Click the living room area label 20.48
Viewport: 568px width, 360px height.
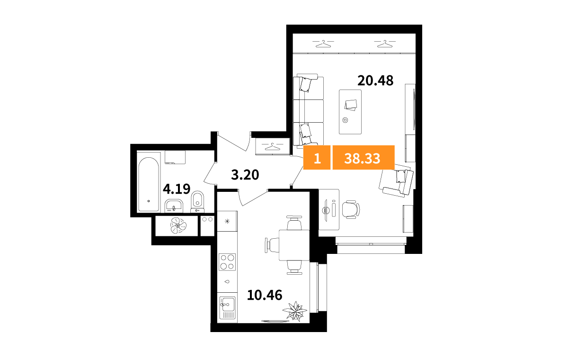tap(375, 81)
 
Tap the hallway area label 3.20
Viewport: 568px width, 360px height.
tap(245, 175)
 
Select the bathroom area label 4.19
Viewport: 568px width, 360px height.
tap(177, 189)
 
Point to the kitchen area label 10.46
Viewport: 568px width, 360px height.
tap(265, 295)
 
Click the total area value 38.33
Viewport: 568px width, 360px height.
tap(362, 159)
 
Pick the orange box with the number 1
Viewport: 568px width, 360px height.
tap(317, 157)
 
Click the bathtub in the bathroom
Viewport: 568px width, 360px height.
tap(149, 184)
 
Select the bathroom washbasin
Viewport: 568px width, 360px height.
tap(174, 206)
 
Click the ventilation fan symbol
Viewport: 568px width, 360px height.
tap(178, 225)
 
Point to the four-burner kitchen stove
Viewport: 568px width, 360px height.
tap(227, 262)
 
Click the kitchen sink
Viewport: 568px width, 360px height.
tap(228, 308)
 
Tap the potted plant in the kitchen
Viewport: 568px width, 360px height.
tap(295, 311)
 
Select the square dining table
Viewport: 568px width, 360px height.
tap(294, 245)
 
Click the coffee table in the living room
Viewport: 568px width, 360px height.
tap(350, 112)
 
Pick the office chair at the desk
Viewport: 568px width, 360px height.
tap(351, 209)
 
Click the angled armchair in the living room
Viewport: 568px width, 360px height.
tap(396, 182)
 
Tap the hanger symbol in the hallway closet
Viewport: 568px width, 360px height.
tap(272, 147)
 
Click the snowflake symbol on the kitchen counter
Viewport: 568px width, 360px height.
tap(227, 221)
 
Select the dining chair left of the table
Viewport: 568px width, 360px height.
tap(272, 245)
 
